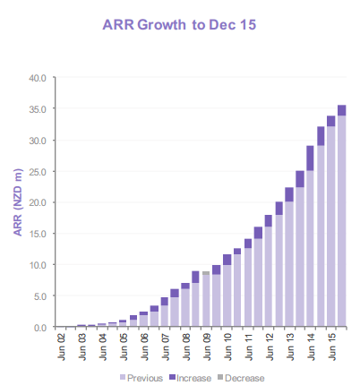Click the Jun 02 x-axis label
60,346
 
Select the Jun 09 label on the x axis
206,346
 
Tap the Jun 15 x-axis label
331,346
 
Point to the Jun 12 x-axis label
269,346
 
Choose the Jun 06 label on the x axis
143,346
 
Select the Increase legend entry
190,377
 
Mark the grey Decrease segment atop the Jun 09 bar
206,272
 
